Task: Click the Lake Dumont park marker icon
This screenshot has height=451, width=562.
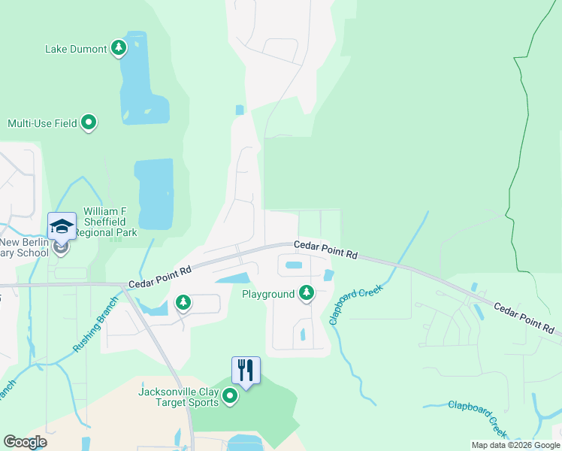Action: pyautogui.click(x=118, y=49)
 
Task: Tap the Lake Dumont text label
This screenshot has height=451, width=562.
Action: pyautogui.click(x=76, y=50)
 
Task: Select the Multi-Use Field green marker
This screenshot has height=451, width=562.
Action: pyautogui.click(x=89, y=123)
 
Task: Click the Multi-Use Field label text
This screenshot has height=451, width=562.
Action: pyautogui.click(x=42, y=123)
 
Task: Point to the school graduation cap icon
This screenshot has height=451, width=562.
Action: pyautogui.click(x=62, y=225)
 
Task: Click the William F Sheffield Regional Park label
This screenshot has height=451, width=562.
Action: pyautogui.click(x=110, y=222)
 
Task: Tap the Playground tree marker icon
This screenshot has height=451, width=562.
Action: pyautogui.click(x=306, y=293)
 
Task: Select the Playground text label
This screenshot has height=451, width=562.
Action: pyautogui.click(x=268, y=294)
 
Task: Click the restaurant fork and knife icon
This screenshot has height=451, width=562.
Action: pyautogui.click(x=246, y=370)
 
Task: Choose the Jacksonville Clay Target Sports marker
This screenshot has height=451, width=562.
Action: pyautogui.click(x=229, y=397)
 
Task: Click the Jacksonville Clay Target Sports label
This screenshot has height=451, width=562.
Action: pyautogui.click(x=178, y=397)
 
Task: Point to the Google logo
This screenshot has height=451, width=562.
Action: pyautogui.click(x=26, y=442)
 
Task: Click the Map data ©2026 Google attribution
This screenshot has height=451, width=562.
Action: pyautogui.click(x=515, y=445)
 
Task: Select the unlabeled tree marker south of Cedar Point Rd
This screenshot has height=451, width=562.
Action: pyautogui.click(x=183, y=302)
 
